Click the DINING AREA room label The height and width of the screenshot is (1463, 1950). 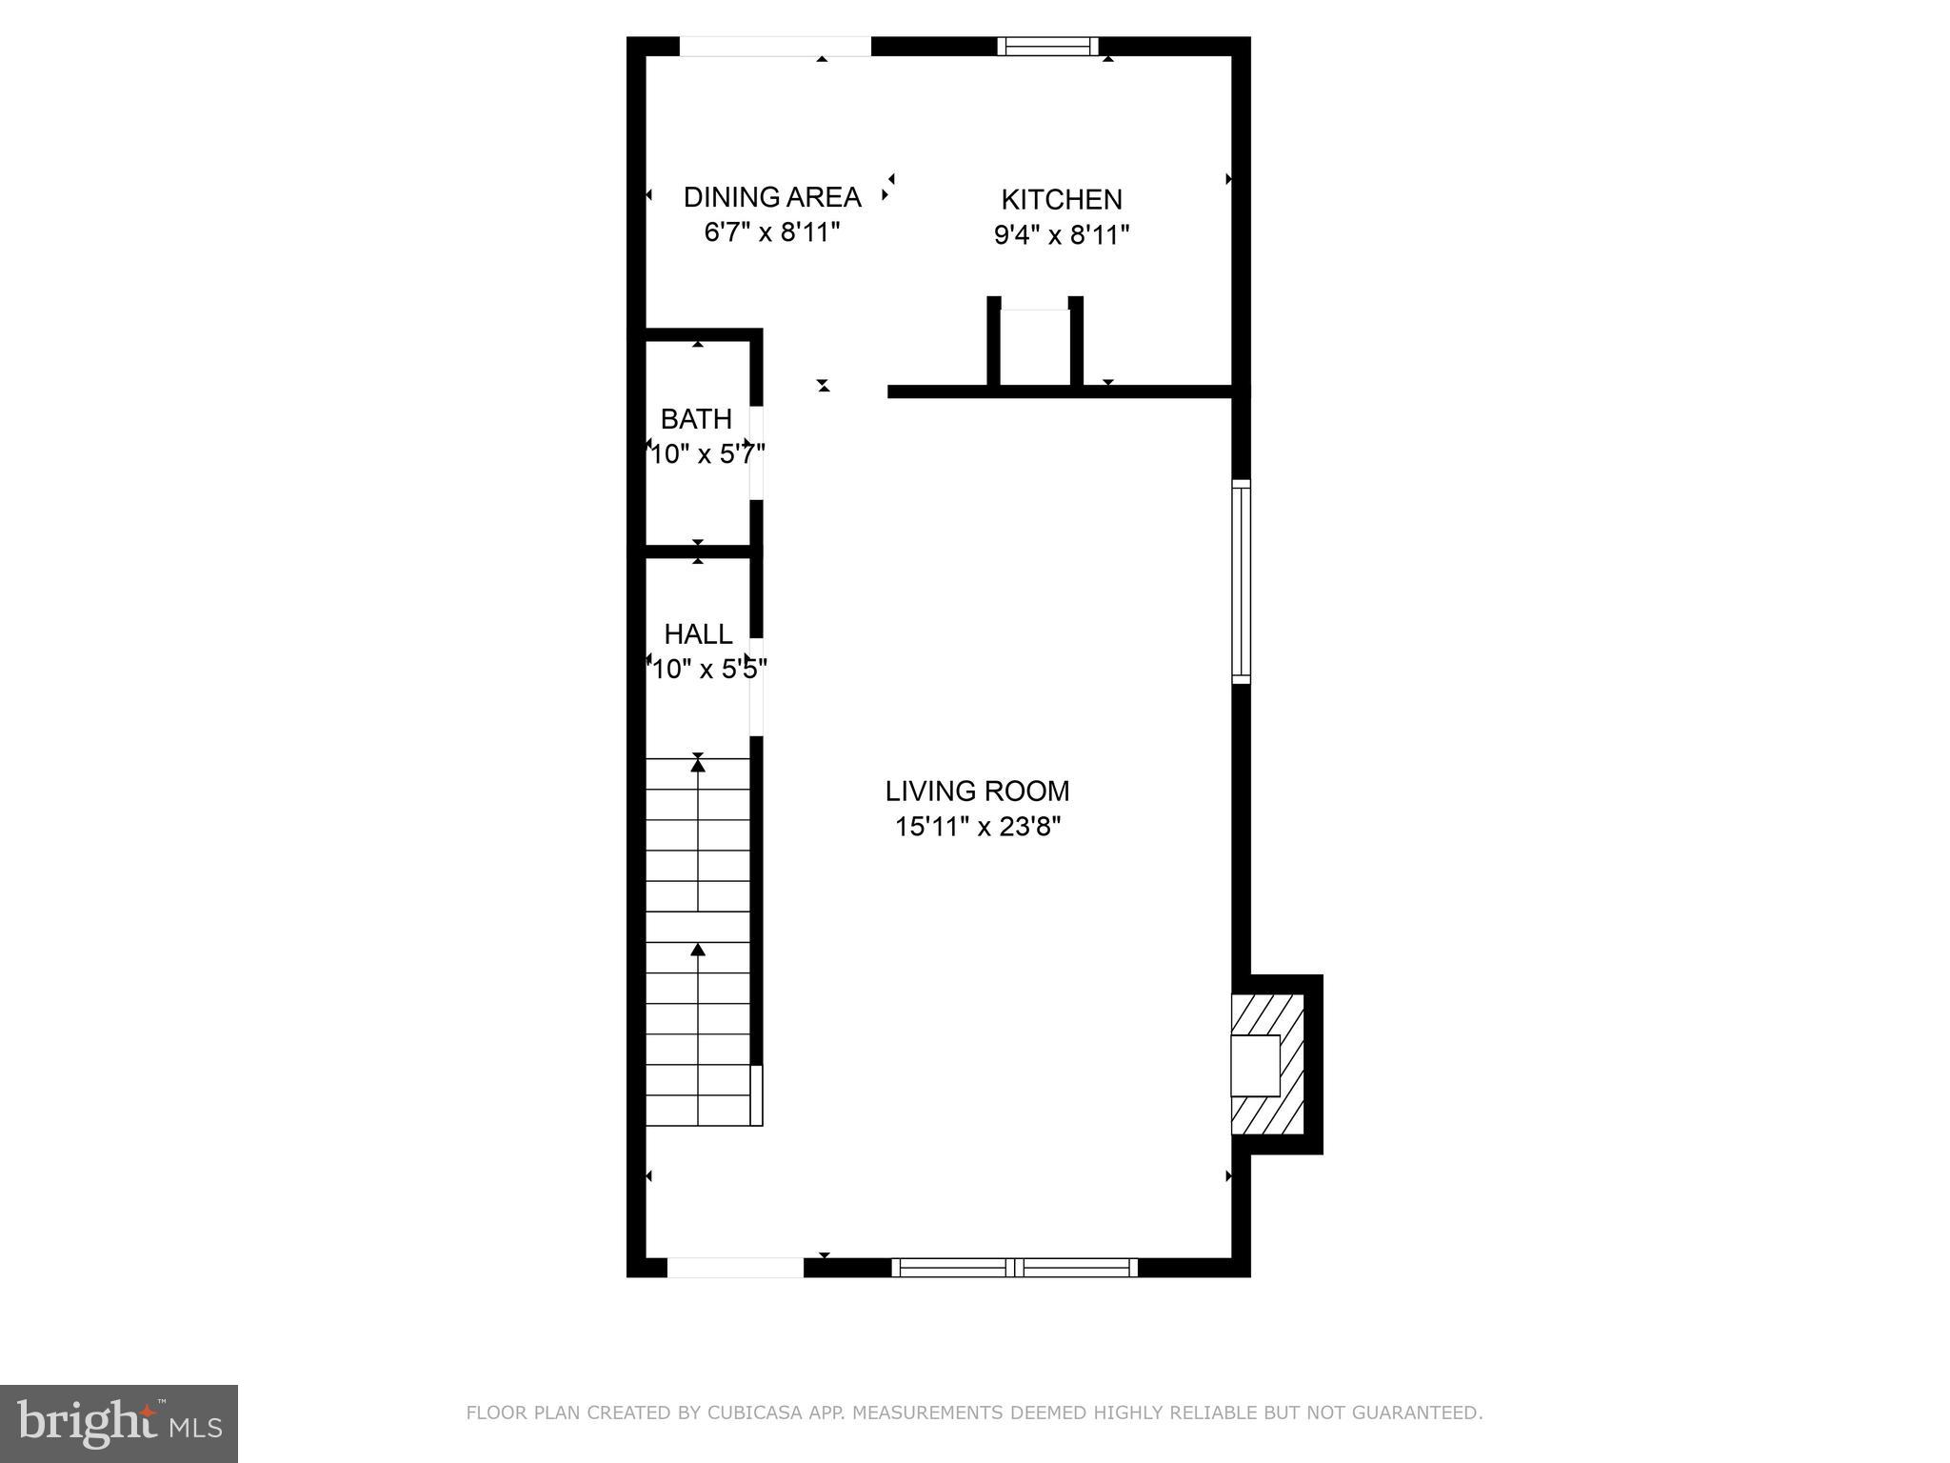tap(772, 197)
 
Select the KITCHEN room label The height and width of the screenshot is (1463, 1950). tap(1062, 200)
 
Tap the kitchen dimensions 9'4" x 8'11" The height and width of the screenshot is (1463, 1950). tap(1062, 235)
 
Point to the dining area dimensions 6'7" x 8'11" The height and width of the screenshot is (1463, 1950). tap(772, 232)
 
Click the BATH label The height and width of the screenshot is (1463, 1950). tap(696, 419)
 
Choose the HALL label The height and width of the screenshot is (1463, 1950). tap(698, 634)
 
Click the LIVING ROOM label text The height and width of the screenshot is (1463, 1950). tap(977, 792)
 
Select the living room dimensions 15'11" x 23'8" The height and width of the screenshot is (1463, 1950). tap(977, 827)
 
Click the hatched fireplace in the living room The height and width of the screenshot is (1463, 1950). tap(1268, 1064)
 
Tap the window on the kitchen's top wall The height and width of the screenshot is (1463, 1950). tap(1047, 47)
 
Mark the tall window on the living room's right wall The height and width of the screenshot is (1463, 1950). tap(1241, 581)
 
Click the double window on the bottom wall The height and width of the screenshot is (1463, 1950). tap(1015, 1267)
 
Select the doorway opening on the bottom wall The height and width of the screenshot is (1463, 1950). tap(735, 1267)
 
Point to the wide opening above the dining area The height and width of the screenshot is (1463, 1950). tap(775, 47)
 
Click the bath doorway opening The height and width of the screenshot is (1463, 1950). tap(756, 452)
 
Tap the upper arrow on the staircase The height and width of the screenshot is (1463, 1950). tap(698, 765)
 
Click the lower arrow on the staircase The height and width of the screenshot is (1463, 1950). tap(698, 950)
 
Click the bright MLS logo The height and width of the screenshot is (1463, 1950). tap(118, 1423)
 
